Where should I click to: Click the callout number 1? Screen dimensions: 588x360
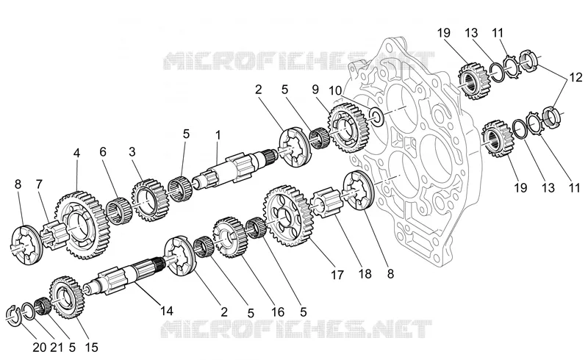coord(218,135)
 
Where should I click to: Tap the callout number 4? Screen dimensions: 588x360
coord(76,153)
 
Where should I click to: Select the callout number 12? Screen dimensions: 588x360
coord(576,77)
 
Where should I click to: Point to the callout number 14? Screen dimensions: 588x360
coord(167,311)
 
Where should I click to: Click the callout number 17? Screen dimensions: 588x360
coord(337,275)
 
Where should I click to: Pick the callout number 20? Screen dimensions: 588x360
coord(39,348)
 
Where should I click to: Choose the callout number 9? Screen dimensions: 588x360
coord(315,89)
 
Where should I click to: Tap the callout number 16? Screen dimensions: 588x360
coord(278,312)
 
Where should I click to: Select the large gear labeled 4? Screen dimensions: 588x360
coord(83,225)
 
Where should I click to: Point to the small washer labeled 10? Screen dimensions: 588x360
coord(376,116)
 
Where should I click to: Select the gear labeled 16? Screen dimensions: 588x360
coord(230,237)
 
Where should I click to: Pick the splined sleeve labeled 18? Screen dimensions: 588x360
coord(326,203)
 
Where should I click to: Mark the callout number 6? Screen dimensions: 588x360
coord(103,151)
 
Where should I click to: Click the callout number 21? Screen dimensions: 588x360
coord(57,348)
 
